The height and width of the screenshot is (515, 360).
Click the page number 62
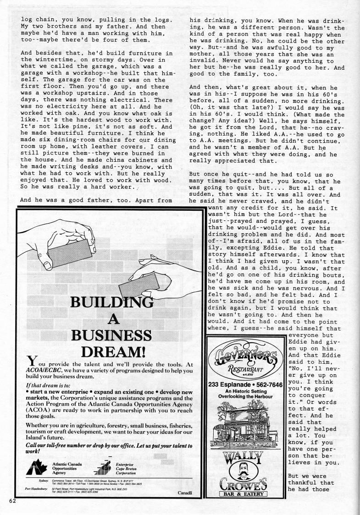(x=12, y=500)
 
